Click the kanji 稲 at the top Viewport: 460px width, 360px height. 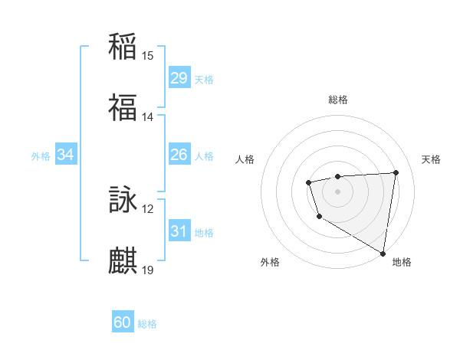(123, 47)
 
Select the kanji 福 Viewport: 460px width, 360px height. (123, 108)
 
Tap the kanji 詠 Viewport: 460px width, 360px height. (123, 200)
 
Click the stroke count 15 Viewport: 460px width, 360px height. (148, 55)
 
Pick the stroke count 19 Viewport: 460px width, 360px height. (148, 270)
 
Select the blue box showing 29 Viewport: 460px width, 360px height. (179, 78)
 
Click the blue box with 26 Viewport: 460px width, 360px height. (179, 155)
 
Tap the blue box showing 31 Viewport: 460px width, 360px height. (179, 231)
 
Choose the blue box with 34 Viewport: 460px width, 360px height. (66, 155)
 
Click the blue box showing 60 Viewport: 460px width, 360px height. (123, 323)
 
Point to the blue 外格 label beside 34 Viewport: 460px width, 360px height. (41, 156)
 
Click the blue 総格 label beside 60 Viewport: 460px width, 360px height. (147, 324)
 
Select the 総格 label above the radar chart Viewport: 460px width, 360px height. (338, 100)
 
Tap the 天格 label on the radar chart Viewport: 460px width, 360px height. (432, 159)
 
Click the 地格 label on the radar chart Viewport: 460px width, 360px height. (402, 262)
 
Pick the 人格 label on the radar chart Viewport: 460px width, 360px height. (245, 159)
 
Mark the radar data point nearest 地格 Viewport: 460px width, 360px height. (383, 253)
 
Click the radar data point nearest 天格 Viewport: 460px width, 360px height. (396, 172)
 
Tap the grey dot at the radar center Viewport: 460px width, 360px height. (337, 191)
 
